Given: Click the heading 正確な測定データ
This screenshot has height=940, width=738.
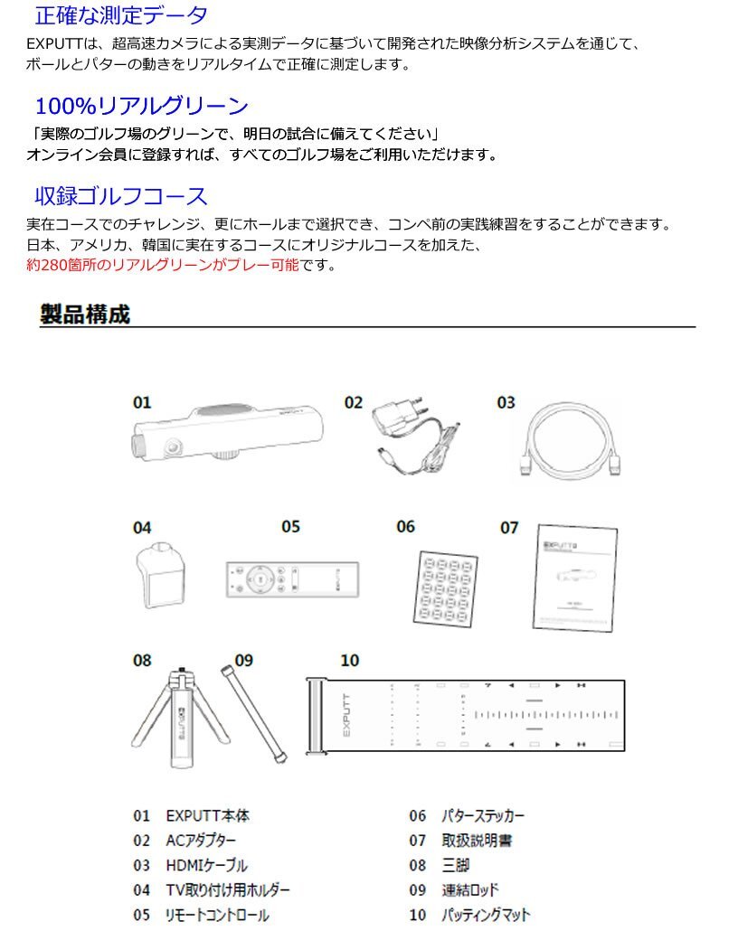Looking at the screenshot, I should [121, 15].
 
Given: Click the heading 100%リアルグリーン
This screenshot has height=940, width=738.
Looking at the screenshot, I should [141, 106].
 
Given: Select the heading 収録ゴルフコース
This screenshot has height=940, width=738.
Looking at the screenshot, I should [121, 196].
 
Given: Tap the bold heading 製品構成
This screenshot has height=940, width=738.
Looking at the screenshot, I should [85, 315].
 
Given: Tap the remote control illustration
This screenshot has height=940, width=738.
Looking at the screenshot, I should [291, 578].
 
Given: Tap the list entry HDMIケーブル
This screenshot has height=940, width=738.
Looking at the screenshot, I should [206, 866].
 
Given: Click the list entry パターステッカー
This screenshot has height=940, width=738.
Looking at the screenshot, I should [482, 816].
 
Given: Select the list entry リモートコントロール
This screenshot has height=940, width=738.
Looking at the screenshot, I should [217, 915].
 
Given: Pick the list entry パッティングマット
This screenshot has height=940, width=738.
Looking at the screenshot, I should [485, 915].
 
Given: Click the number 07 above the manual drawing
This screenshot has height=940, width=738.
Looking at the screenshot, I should [509, 527].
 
